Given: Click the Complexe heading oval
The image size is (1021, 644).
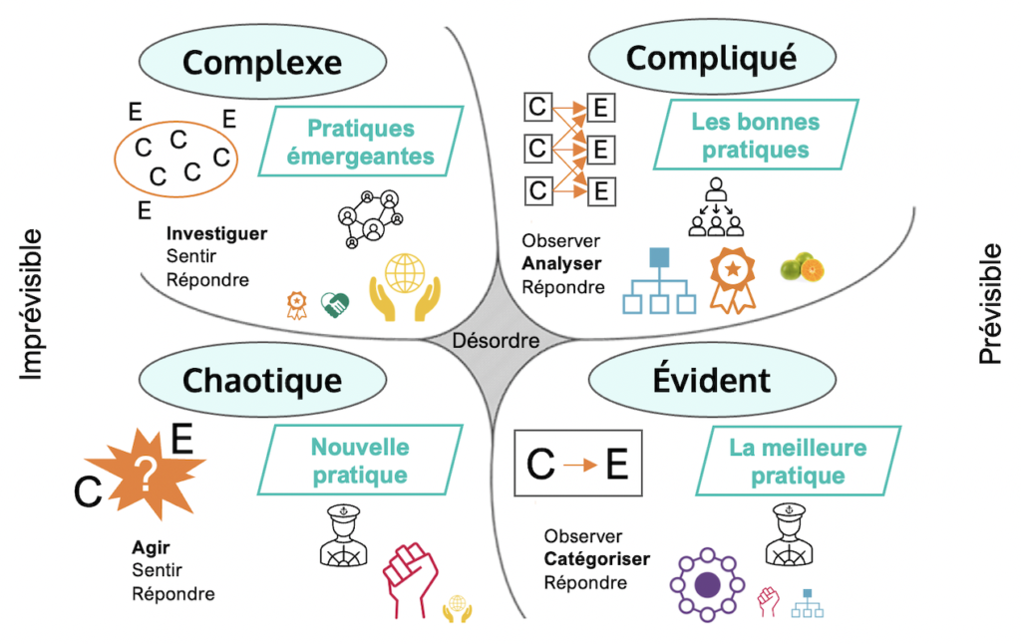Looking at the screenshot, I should tap(262, 63).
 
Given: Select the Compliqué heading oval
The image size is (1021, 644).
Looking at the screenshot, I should tap(711, 59).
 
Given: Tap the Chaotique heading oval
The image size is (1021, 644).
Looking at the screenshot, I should tap(262, 380).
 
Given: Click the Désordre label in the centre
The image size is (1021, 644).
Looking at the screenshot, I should tap(496, 341).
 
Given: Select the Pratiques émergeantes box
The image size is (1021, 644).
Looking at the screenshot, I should tap(360, 143).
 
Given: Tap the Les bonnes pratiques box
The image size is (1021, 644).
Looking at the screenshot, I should tap(755, 137).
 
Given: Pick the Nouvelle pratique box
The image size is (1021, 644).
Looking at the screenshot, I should tap(360, 462).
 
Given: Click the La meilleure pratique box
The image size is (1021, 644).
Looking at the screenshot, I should tap(798, 462).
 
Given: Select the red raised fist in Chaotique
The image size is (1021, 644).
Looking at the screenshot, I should tap(408, 580).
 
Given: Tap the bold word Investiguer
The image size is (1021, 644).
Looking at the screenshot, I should tap(216, 234).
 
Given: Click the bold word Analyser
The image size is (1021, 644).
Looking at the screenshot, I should tap(561, 264).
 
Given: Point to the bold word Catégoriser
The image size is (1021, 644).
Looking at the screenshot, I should tap(596, 559).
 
